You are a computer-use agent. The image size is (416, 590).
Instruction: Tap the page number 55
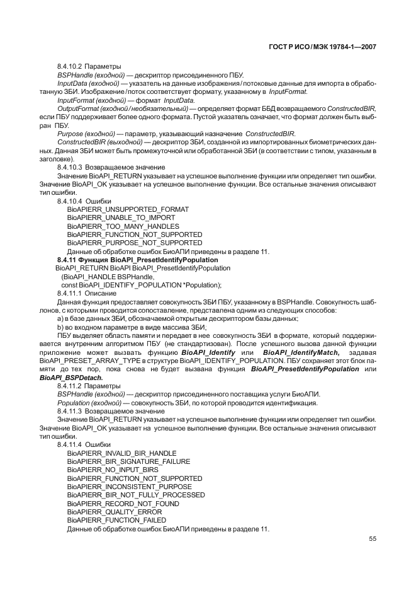[x=373, y=538]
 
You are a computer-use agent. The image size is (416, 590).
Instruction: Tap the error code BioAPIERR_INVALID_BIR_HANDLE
[x=121, y=453]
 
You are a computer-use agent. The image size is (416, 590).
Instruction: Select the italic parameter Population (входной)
[x=89, y=403]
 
